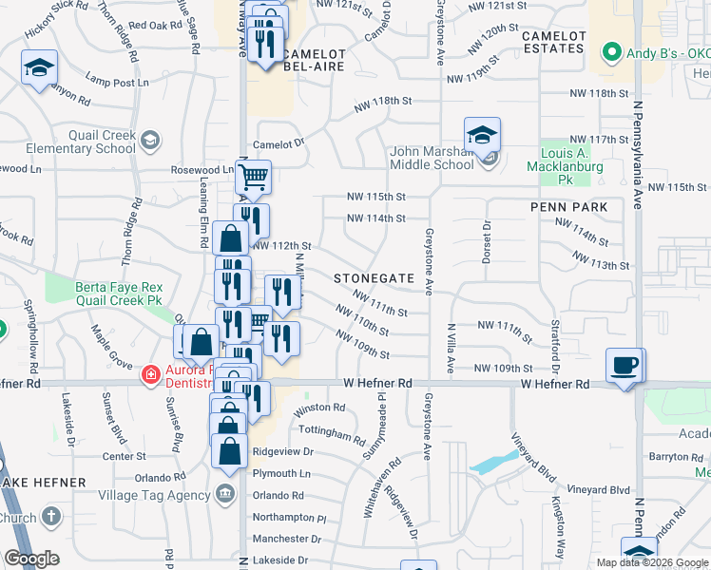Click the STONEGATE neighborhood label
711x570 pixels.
(374, 278)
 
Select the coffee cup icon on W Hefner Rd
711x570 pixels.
(625, 366)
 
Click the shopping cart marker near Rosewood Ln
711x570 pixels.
(253, 177)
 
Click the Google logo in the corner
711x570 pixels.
(31, 559)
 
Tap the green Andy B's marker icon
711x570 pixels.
(612, 53)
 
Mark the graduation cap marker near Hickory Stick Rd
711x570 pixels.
(39, 68)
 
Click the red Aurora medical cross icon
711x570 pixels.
(149, 376)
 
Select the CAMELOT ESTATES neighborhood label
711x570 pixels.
(552, 42)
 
